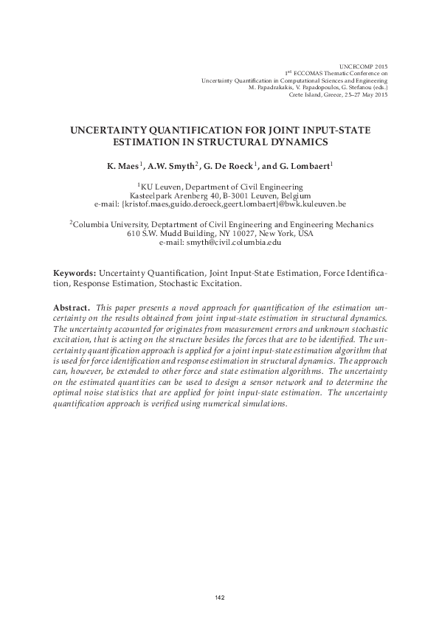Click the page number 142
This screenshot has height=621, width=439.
pos(220,597)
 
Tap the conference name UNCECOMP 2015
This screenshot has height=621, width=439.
pos(364,66)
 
